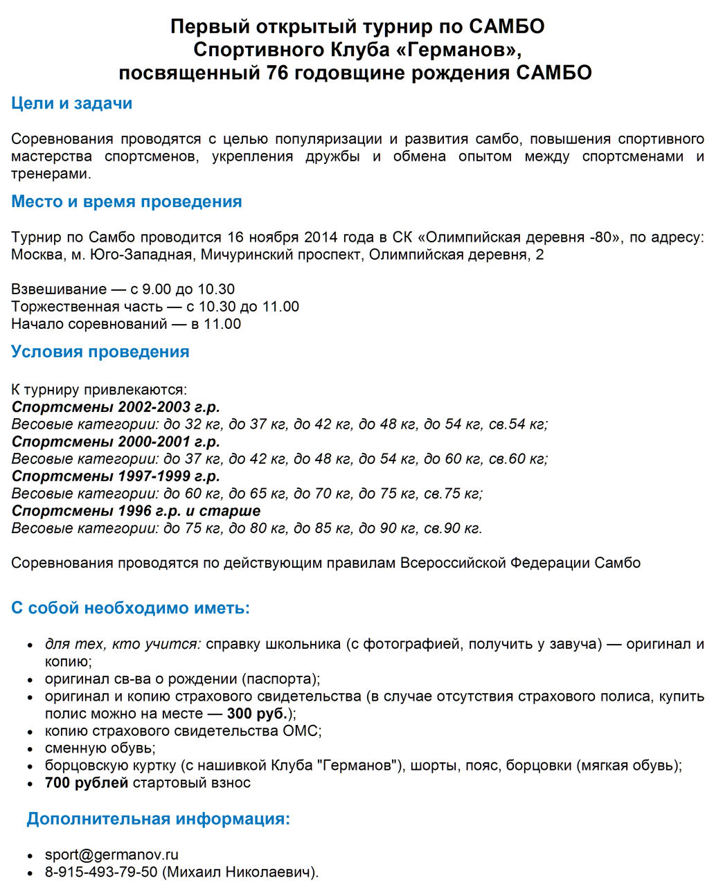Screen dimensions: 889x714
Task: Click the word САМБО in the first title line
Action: point(507,26)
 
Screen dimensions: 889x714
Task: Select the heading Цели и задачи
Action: point(71,103)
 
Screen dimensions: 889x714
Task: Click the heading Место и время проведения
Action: point(126,201)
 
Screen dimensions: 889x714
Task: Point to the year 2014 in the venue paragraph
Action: point(320,237)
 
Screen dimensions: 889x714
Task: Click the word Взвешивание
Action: point(58,289)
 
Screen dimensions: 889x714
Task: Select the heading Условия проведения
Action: point(100,352)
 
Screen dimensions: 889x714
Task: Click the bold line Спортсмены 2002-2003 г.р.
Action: point(116,407)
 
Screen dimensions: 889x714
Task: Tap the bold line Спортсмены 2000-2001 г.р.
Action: point(116,442)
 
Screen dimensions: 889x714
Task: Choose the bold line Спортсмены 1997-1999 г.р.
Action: point(116,476)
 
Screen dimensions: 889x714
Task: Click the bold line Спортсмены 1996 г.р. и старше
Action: point(136,511)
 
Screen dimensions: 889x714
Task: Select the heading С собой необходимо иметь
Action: point(130,608)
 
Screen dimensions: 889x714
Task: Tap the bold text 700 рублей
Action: point(87,783)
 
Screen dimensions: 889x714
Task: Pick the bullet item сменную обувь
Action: point(100,748)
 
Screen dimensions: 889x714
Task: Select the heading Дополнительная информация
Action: point(158,819)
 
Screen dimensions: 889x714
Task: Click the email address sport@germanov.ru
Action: point(111,855)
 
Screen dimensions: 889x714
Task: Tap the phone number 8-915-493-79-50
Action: point(101,872)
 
